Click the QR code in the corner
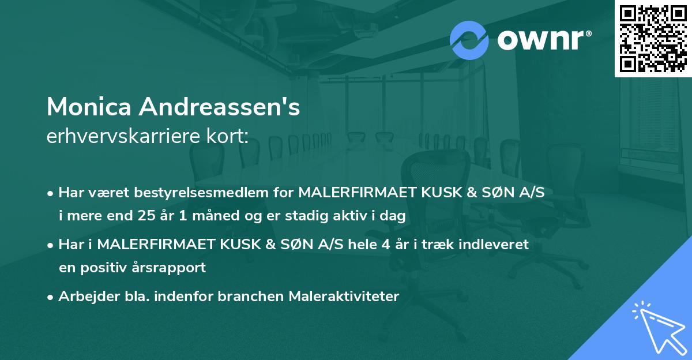653,38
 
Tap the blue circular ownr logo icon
469,40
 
